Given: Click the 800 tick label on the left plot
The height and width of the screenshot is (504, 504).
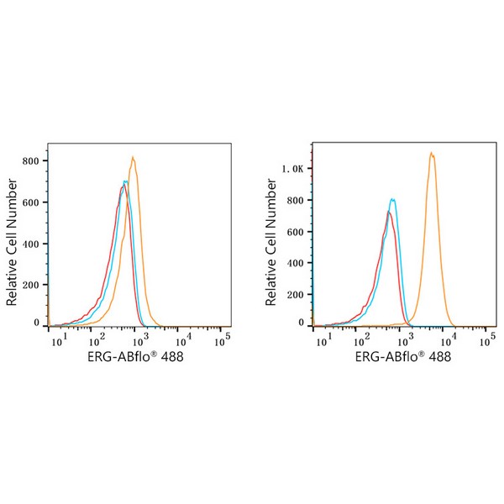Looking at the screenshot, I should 33,160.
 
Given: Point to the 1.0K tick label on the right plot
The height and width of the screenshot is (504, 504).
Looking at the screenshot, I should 293,169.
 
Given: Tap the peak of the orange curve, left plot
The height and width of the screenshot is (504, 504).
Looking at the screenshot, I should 133,157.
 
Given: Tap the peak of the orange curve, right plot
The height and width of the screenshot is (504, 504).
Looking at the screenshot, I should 431,153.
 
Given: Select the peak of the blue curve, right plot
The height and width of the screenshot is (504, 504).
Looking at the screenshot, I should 392,199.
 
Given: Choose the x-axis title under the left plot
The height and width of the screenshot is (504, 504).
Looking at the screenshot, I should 135,357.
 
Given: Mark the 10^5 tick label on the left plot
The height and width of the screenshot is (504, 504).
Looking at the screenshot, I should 223,339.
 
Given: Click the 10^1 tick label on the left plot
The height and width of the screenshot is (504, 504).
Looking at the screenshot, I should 58,339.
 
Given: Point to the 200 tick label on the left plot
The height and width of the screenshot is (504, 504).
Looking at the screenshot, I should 33,285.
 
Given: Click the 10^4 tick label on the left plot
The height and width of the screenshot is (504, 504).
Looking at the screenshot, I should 181,339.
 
